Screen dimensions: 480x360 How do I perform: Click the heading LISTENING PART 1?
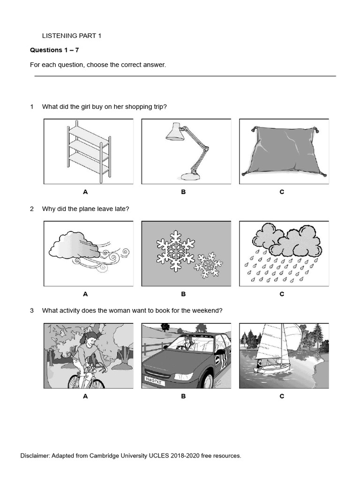click(x=71, y=36)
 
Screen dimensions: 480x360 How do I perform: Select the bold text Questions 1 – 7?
click(x=54, y=50)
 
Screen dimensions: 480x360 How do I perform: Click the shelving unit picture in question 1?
click(x=88, y=151)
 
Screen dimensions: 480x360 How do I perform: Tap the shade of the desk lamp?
click(x=174, y=134)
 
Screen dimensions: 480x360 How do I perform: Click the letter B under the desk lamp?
click(x=183, y=192)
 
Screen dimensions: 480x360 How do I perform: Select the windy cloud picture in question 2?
click(x=88, y=253)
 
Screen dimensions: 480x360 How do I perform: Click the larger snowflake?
click(x=175, y=250)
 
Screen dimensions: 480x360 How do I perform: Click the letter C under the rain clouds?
click(x=282, y=294)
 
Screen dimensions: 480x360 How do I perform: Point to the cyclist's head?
click(x=91, y=338)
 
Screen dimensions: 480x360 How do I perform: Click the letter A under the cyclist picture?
click(x=85, y=396)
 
